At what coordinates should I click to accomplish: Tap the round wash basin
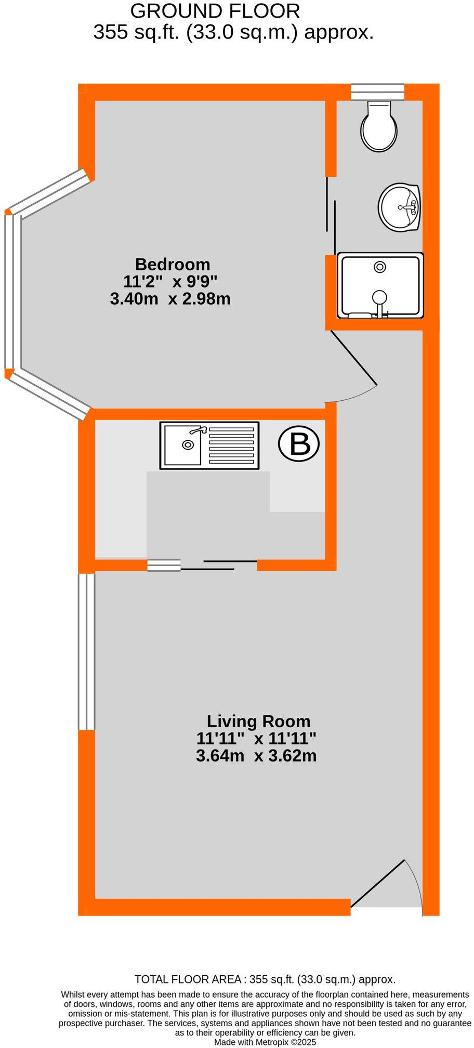pos(399,207)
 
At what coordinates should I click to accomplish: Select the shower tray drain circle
pos(380,267)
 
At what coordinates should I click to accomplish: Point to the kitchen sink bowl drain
pos(187,445)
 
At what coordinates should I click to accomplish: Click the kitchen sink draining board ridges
pos(231,446)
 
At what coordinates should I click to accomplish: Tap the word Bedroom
pos(173,264)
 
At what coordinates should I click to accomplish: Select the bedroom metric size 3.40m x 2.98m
pos(170,299)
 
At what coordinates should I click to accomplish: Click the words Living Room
pos(258,721)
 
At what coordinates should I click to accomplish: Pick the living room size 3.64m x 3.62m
pos(256,755)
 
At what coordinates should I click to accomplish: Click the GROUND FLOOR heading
pos(215,11)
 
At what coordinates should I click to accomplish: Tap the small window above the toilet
pos(377,92)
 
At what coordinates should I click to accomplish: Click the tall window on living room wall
pos(86,651)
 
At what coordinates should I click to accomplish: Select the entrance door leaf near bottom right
pos(378,883)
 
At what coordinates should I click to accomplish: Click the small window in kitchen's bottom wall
pos(164,565)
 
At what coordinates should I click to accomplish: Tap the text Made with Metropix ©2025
pos(265,1042)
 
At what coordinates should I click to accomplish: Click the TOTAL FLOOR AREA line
pos(265,979)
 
